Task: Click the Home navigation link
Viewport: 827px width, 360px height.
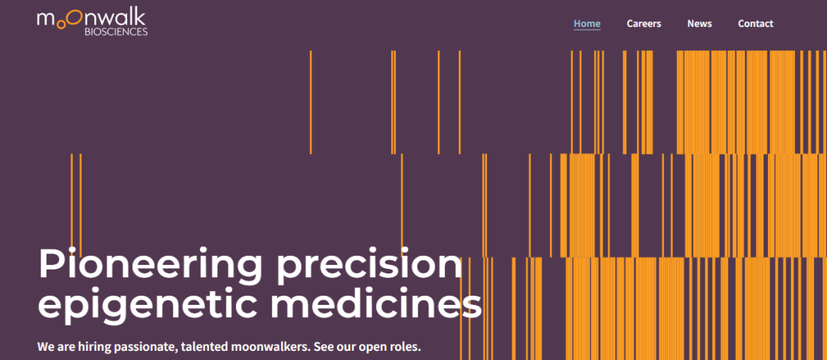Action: [x=587, y=24]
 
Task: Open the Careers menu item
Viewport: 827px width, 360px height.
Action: [x=643, y=24]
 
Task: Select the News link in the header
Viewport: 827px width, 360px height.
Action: [x=699, y=24]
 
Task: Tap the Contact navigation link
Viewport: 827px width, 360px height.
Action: [x=755, y=24]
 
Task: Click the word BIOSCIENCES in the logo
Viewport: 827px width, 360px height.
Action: [x=116, y=31]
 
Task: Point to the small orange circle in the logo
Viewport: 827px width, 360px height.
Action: [x=61, y=25]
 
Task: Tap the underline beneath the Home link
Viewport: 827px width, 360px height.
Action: [x=587, y=30]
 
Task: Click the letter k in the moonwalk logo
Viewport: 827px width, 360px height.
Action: [x=141, y=17]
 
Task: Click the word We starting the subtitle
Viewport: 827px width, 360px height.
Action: [x=45, y=348]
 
